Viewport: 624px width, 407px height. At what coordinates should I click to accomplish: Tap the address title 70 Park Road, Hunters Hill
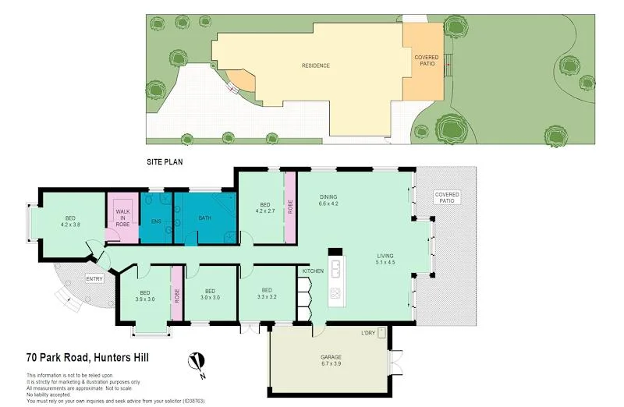[87, 359]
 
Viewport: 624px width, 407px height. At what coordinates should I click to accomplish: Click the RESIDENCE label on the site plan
[316, 65]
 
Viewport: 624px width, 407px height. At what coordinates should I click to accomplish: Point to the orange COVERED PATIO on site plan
[426, 62]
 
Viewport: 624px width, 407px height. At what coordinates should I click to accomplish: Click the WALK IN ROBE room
[123, 218]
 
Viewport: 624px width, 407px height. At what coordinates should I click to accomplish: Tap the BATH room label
[205, 218]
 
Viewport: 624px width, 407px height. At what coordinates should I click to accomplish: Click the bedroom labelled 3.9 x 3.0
[144, 294]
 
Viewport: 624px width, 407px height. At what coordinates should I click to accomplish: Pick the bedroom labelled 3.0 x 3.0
[210, 294]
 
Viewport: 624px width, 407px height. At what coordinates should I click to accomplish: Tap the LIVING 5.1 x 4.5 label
[385, 259]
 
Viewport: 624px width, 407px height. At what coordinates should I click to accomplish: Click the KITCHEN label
[313, 271]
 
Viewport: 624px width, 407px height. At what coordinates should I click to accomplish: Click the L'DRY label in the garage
[368, 334]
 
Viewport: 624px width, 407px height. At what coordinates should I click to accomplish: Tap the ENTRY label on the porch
[94, 279]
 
